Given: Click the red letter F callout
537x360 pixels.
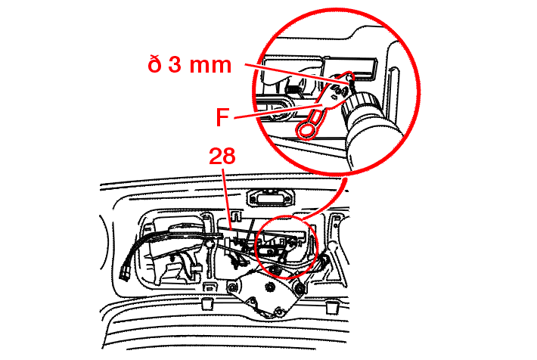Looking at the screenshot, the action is [222, 116].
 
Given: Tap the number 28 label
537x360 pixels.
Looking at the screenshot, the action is [222, 157].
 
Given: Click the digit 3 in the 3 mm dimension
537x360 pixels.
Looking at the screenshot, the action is [175, 64].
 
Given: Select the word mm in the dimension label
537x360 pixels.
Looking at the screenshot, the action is [210, 66].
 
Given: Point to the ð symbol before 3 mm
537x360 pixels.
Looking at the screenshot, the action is [154, 64].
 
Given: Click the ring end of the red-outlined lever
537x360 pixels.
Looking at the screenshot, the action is [305, 131].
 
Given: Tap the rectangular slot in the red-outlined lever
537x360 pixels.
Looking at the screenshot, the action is [316, 116].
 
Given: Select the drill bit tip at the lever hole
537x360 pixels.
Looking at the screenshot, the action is [350, 81].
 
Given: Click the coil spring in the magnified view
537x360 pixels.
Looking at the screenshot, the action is [293, 91].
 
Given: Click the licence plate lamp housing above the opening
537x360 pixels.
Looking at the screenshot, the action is [271, 197].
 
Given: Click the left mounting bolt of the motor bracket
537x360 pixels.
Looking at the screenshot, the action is [233, 287].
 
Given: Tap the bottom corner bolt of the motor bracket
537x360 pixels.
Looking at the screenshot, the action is [279, 312].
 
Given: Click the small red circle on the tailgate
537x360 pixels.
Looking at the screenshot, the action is [287, 246].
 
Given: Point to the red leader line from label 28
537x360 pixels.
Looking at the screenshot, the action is [227, 199].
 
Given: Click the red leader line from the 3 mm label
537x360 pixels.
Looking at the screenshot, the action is [297, 73].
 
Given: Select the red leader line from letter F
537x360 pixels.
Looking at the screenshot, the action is [280, 111].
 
